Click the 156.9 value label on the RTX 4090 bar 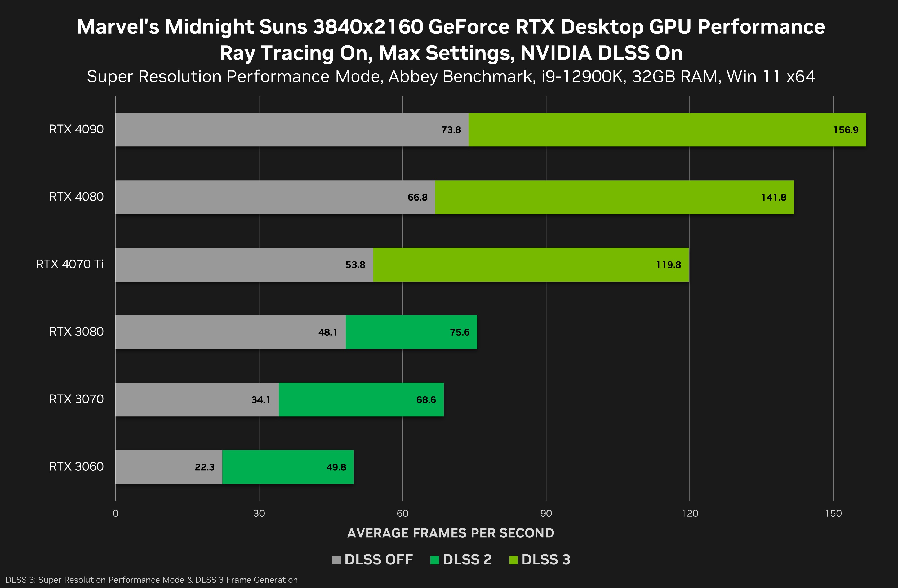tap(846, 130)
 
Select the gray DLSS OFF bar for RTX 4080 tap(264, 197)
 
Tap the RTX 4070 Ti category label tap(70, 264)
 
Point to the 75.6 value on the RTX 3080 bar tap(460, 332)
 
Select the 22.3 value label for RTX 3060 tap(205, 467)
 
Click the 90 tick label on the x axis tap(546, 513)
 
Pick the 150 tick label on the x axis tap(833, 513)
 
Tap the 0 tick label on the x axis tap(115, 513)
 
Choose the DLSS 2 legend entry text tap(467, 560)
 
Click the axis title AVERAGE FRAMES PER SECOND tap(451, 533)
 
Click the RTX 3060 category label tap(76, 466)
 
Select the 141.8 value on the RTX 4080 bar tap(773, 197)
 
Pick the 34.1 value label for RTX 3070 tap(261, 400)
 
